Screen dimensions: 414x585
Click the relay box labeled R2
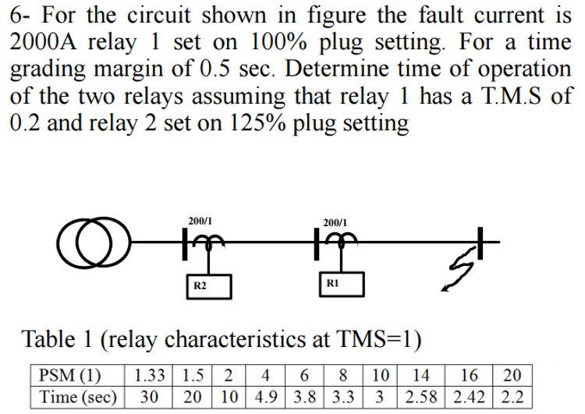(x=200, y=286)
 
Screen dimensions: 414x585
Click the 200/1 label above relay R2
(x=199, y=221)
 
